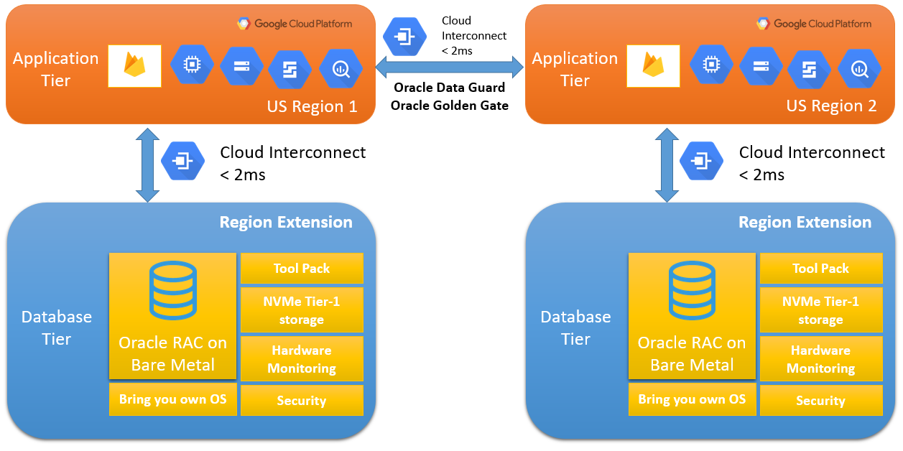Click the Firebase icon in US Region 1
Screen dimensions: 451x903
click(x=135, y=66)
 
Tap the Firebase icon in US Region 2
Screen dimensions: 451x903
click(x=654, y=66)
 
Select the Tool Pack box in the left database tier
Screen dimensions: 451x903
click(x=302, y=269)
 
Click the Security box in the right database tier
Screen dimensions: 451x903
click(x=820, y=401)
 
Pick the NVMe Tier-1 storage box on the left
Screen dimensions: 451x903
click(x=302, y=310)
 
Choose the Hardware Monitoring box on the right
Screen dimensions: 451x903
click(x=820, y=359)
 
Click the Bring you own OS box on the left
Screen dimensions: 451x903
click(x=172, y=399)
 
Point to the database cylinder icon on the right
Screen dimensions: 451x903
click(x=692, y=290)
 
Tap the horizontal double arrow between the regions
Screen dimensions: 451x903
click(x=450, y=68)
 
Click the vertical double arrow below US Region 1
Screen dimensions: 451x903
click(x=147, y=165)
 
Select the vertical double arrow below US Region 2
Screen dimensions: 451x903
click(x=666, y=165)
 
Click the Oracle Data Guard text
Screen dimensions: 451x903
click(x=450, y=88)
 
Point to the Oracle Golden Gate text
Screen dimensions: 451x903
click(x=450, y=106)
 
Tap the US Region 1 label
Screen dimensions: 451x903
click(x=312, y=106)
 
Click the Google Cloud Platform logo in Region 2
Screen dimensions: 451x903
click(x=815, y=24)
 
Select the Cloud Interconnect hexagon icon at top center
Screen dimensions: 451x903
click(x=404, y=35)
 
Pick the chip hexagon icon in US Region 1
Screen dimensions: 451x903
click(x=192, y=66)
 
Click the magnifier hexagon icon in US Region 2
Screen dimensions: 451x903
click(x=859, y=68)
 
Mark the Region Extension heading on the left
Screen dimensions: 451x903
click(x=286, y=223)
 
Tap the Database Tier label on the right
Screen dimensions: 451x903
click(x=575, y=327)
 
